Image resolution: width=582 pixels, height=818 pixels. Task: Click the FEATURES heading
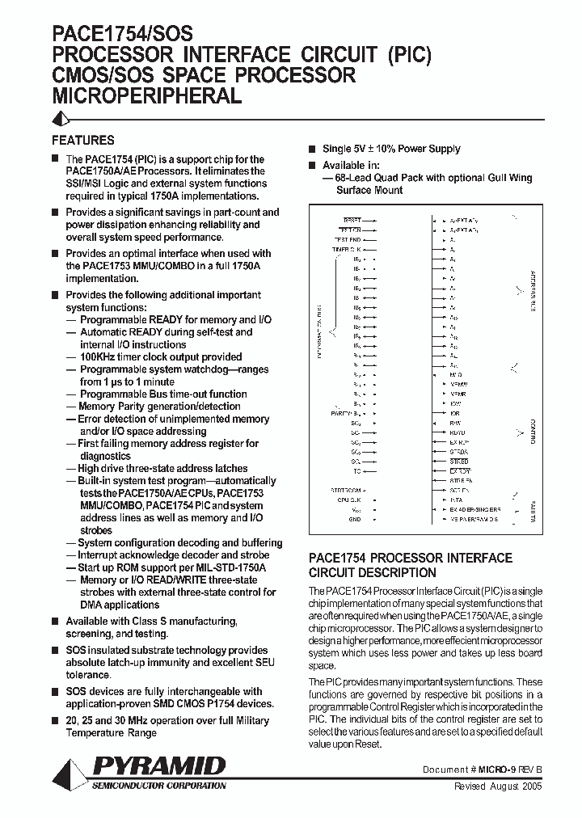pyautogui.click(x=83, y=140)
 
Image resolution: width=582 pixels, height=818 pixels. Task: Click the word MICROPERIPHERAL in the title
pyautogui.click(x=146, y=96)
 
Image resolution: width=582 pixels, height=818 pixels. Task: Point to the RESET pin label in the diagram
pyautogui.click(x=352, y=220)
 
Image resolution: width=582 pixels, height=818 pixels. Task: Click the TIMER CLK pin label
pyautogui.click(x=346, y=250)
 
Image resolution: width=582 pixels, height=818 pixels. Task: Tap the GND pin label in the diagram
pyautogui.click(x=355, y=520)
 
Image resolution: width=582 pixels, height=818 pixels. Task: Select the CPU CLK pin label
pyautogui.click(x=349, y=500)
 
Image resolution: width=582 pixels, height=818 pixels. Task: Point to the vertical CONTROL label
pyautogui.click(x=533, y=432)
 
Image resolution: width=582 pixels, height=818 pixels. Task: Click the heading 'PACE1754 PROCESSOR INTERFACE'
pyautogui.click(x=411, y=559)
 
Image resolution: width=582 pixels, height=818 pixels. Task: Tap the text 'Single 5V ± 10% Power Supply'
pyautogui.click(x=391, y=149)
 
